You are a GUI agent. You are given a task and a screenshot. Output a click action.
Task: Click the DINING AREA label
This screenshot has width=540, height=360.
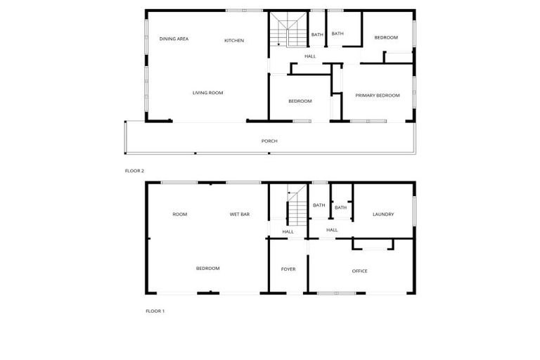pos(174,39)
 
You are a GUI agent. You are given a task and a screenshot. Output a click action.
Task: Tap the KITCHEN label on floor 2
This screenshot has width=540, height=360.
pos(234,41)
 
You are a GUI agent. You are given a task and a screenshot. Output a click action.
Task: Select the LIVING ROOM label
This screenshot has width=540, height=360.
pos(208,93)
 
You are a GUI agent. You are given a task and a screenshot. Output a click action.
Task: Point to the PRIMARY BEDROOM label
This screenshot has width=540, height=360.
pos(377,96)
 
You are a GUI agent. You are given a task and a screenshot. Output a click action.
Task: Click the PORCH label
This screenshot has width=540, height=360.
pos(269,141)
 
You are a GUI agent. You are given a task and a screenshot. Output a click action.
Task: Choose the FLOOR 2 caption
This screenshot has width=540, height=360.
pos(134,171)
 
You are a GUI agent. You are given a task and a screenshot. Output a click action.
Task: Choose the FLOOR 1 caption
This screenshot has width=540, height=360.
pos(155,311)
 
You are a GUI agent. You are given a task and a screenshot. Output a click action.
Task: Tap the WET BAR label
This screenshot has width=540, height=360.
pos(240,214)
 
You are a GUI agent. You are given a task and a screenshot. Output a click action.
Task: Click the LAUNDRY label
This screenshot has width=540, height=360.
pos(383,214)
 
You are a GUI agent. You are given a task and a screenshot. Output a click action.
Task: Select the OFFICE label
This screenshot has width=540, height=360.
pos(359,271)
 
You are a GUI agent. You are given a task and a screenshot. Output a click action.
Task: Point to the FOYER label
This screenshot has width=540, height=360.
pos(288,269)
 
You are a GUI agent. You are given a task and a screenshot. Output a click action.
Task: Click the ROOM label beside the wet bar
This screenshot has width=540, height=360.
pos(180,214)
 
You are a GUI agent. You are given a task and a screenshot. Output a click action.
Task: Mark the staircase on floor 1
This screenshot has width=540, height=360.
pos(297,207)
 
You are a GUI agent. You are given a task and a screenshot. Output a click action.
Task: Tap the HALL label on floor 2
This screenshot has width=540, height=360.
pos(310,56)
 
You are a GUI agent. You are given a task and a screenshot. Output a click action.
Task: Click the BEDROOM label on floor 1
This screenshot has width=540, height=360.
pos(207,269)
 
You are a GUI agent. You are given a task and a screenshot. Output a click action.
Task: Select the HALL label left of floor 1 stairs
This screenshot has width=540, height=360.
pos(288,232)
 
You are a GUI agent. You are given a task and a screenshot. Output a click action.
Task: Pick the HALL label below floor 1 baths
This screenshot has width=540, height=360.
pos(332,230)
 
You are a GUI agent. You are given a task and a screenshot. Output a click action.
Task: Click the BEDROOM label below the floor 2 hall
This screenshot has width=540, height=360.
pos(300,101)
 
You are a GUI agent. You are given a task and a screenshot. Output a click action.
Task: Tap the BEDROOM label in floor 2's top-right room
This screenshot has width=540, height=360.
pos(385,38)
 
